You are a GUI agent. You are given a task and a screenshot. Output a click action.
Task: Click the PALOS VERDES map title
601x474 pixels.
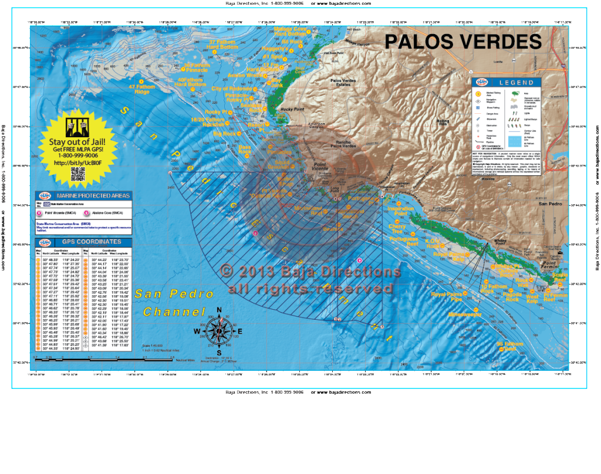(462, 42)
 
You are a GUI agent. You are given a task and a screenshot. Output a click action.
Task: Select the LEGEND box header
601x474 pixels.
(517, 83)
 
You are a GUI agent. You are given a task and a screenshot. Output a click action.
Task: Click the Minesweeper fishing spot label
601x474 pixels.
(465, 314)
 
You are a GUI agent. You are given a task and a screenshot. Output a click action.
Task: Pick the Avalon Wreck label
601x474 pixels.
(245, 76)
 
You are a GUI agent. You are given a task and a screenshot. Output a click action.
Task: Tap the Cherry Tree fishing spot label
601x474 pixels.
(397, 229)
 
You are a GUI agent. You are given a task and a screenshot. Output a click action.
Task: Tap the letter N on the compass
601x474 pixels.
(219, 310)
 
